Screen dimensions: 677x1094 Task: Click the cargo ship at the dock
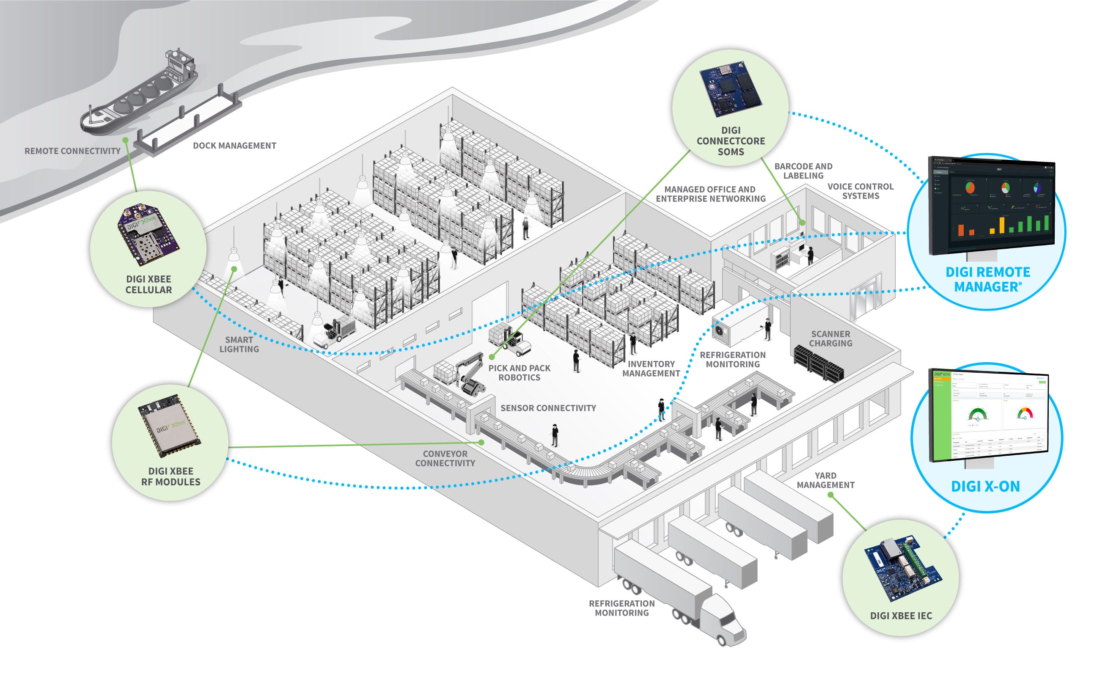pos(139,96)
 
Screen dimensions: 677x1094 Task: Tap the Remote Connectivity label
pos(72,151)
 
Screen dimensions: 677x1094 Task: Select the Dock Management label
pos(234,146)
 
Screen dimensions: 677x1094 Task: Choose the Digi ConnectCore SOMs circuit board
pos(731,89)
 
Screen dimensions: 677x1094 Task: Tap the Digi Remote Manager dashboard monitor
pos(992,206)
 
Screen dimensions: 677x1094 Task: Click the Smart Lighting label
pos(239,344)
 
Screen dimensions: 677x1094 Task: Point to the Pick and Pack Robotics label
pos(519,372)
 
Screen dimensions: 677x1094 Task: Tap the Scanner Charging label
pos(831,338)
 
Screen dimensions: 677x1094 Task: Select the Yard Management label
pos(825,480)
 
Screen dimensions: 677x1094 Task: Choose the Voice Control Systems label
pos(860,191)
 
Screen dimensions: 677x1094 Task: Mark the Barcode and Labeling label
pos(803,171)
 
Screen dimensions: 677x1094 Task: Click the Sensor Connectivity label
pos(548,408)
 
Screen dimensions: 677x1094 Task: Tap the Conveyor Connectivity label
pos(445,459)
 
